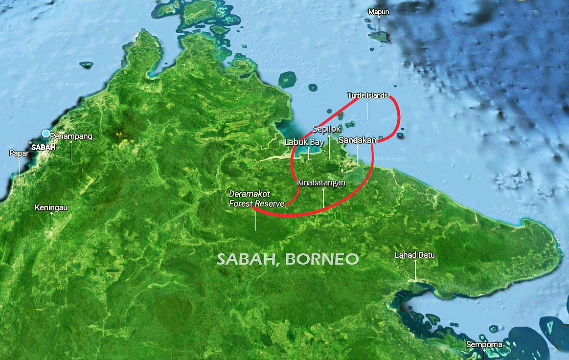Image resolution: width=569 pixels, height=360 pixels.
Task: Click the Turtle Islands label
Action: pyautogui.click(x=367, y=95)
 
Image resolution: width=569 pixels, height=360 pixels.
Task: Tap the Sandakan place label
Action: pyautogui.click(x=357, y=140)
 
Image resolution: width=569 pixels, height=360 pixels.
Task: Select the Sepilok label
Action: pyautogui.click(x=326, y=129)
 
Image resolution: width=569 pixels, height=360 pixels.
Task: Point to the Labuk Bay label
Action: pyautogui.click(x=304, y=142)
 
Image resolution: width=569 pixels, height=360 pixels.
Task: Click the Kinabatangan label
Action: pyautogui.click(x=321, y=182)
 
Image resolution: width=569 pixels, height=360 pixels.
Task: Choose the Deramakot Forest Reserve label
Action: pyautogui.click(x=256, y=199)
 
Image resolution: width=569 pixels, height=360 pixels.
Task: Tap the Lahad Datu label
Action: pyautogui.click(x=415, y=255)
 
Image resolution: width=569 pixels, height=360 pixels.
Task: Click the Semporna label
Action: pyautogui.click(x=484, y=344)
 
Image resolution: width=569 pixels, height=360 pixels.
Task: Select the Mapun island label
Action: pyautogui.click(x=379, y=12)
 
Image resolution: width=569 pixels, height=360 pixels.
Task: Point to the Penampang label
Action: pyautogui.click(x=71, y=136)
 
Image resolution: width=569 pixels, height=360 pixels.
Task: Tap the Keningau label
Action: pyautogui.click(x=51, y=207)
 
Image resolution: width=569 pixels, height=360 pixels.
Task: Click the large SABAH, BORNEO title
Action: pyautogui.click(x=288, y=259)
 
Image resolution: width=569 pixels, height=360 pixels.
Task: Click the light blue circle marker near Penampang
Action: pyautogui.click(x=46, y=134)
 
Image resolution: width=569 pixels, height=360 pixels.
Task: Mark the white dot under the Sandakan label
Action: pyautogui.click(x=358, y=146)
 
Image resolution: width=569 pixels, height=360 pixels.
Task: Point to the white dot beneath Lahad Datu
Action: pyautogui.click(x=415, y=261)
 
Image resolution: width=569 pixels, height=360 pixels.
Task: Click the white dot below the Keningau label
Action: pyautogui.click(x=51, y=214)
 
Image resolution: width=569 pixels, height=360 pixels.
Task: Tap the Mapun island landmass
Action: pyautogui.click(x=380, y=36)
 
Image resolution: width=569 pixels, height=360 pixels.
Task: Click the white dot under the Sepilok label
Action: pyautogui.click(x=329, y=135)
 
